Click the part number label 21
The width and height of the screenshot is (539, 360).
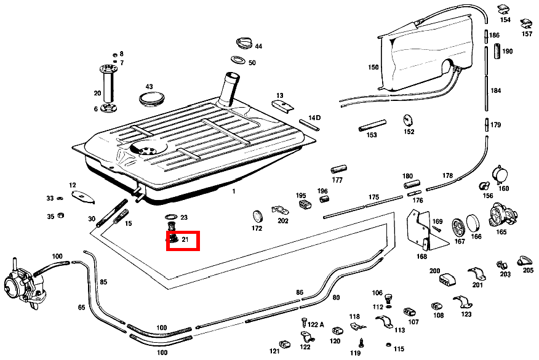185,239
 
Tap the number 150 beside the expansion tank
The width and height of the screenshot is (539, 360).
373,67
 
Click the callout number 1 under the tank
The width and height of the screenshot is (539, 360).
234,191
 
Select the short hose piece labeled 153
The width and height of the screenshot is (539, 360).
372,126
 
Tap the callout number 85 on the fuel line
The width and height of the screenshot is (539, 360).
103,282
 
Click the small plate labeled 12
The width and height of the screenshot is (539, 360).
82,197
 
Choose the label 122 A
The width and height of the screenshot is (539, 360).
316,324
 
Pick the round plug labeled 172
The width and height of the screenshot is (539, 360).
258,216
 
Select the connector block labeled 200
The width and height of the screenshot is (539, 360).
447,280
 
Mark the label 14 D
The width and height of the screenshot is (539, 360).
314,117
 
